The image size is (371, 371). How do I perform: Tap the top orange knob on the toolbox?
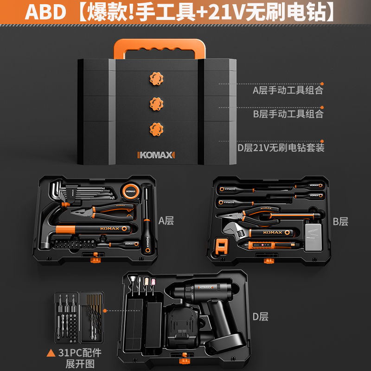click(156, 77)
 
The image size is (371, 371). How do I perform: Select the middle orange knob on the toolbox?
click(156, 103)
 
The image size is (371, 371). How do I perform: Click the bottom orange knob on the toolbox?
click(156, 128)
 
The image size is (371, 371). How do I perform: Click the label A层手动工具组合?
click(288, 90)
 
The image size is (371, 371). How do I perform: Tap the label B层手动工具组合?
click(288, 114)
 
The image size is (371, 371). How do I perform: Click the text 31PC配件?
click(79, 352)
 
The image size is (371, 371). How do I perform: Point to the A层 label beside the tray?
click(166, 221)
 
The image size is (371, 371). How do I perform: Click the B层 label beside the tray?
click(340, 221)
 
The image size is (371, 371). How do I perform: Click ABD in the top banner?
click(45, 13)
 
